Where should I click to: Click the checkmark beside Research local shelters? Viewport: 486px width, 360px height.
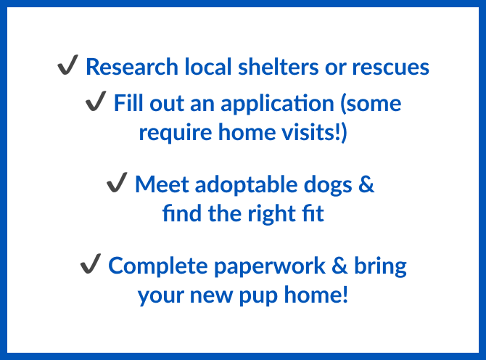coord(67,65)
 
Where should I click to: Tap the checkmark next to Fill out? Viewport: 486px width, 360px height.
coord(96,101)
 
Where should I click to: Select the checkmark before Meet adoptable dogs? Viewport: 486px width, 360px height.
coord(117,182)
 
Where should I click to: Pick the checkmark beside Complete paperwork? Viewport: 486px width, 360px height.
coord(91,263)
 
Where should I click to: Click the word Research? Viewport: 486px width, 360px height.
coord(132,67)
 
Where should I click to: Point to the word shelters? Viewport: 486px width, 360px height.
coord(278,66)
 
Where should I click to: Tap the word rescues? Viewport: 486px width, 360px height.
coord(390,67)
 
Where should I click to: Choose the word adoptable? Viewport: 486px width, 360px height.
coord(246,185)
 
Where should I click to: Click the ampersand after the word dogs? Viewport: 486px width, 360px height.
coord(366,184)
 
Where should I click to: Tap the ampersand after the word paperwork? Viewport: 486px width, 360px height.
coord(339,266)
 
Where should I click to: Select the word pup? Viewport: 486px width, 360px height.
coord(258,296)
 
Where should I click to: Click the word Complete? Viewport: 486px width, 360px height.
coord(158,266)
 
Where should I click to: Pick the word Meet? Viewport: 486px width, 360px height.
coord(162,184)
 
